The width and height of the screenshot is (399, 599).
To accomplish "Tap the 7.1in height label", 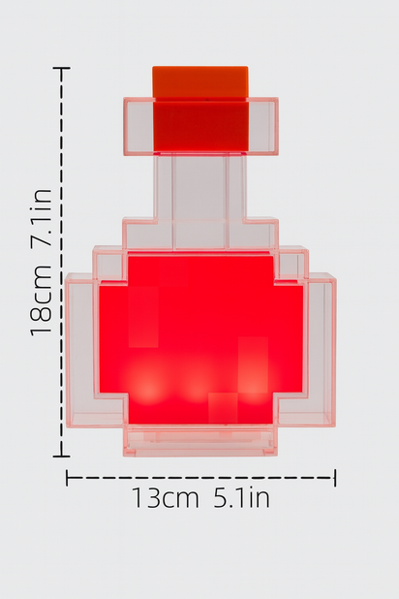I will pyautogui.click(x=41, y=221).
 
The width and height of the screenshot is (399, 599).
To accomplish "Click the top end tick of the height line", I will pyautogui.click(x=62, y=69).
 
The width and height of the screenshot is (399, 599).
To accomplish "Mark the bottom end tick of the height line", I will pyautogui.click(x=62, y=456).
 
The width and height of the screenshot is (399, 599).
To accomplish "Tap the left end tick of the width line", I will pyautogui.click(x=67, y=477).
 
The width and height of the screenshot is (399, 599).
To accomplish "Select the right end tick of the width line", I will pyautogui.click(x=335, y=477).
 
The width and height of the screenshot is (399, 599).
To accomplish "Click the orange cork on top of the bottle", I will pyautogui.click(x=199, y=81).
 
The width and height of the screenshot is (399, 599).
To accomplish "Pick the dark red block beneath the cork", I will pyautogui.click(x=199, y=126).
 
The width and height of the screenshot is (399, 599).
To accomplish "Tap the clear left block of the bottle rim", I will pyautogui.click(x=138, y=126).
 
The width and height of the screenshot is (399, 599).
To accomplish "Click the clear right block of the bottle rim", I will pyautogui.click(x=261, y=126).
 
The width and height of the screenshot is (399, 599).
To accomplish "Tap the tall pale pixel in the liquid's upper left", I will pyautogui.click(x=142, y=316).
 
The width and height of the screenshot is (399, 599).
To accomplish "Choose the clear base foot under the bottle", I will pyautogui.click(x=199, y=442).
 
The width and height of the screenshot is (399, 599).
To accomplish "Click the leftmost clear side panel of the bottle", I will pyautogui.click(x=82, y=349).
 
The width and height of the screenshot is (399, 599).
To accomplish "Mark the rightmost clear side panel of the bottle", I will pyautogui.click(x=319, y=349).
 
